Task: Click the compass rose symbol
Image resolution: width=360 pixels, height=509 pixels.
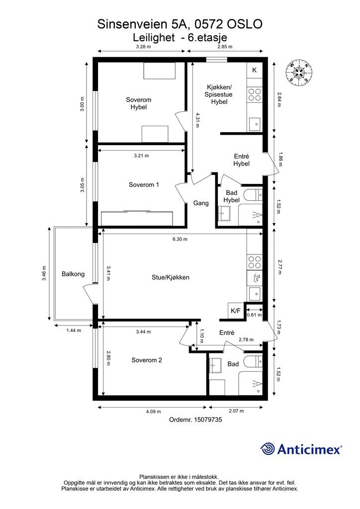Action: click(x=299, y=73)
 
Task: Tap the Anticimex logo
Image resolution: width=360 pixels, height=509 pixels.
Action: click(x=301, y=449)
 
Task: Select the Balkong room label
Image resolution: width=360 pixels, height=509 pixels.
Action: click(x=73, y=274)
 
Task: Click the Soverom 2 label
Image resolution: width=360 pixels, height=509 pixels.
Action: click(x=146, y=360)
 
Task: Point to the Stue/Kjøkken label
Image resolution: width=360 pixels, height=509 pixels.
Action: click(x=171, y=277)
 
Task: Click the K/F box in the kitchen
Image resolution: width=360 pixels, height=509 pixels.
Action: click(x=236, y=311)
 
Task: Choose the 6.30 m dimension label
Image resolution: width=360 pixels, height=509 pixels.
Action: click(x=180, y=239)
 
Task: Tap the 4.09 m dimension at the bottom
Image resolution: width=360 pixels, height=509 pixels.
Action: click(x=153, y=412)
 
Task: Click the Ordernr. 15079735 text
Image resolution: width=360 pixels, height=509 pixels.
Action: click(x=195, y=420)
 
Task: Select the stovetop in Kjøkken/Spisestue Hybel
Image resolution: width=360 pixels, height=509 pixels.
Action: click(x=255, y=94)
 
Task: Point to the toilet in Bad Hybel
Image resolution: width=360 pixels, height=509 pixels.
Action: click(x=253, y=194)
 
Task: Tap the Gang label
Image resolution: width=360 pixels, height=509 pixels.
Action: click(x=201, y=203)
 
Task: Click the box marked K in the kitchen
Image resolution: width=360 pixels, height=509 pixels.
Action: click(x=254, y=70)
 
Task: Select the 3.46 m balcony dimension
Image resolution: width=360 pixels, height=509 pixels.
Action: click(x=44, y=273)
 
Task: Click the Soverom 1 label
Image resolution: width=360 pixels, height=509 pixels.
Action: click(x=144, y=185)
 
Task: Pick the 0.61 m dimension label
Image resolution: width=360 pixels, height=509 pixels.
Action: click(x=254, y=315)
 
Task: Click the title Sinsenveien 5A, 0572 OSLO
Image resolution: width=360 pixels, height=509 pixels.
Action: click(x=180, y=24)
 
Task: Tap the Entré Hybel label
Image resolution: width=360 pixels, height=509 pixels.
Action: click(x=242, y=160)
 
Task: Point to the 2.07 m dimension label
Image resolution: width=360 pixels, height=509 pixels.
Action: click(x=236, y=411)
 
